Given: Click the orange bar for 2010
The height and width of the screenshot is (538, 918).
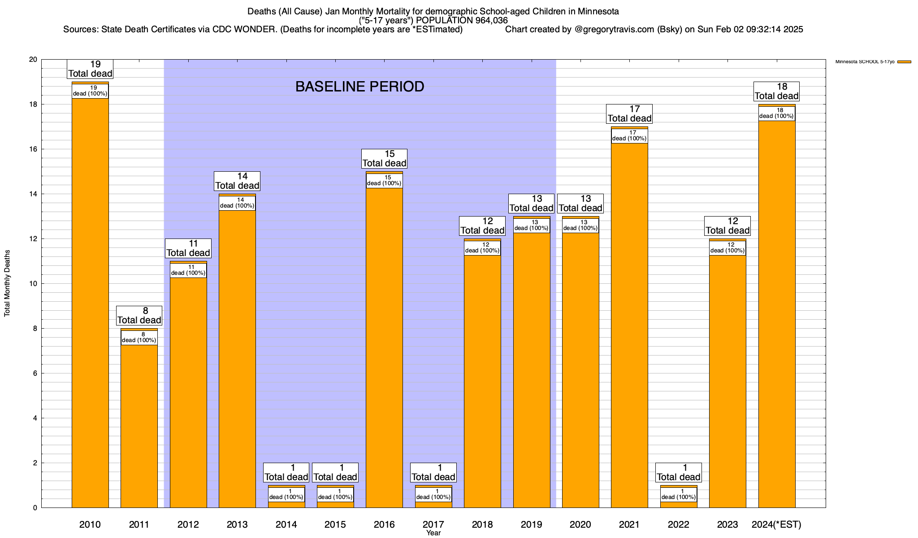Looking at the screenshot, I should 90,305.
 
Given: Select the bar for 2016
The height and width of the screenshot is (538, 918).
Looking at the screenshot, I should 384,350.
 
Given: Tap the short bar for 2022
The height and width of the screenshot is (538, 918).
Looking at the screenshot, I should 678,504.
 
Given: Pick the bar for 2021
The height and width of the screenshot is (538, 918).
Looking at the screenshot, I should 629,327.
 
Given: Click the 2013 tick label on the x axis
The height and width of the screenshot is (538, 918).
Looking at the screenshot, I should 237,525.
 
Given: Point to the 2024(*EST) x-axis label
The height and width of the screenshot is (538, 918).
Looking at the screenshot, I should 776,525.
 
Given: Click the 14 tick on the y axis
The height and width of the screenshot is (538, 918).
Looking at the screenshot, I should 33,194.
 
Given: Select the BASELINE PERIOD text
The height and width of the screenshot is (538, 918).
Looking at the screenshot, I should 359,87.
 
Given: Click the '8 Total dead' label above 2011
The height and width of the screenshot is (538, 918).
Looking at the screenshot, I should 139,316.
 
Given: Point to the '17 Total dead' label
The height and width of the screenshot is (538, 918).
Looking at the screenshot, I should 629,114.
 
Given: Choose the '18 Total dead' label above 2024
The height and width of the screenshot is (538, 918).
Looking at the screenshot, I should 776,91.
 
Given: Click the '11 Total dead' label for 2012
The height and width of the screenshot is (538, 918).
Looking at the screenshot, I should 188,248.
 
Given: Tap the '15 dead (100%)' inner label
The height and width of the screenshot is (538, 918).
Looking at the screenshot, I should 384,181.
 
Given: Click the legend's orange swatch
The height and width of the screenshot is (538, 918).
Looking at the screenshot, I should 904,62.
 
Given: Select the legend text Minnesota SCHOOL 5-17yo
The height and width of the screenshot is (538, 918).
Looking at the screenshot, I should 865,62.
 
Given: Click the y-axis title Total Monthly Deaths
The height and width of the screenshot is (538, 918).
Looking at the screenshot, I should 7,283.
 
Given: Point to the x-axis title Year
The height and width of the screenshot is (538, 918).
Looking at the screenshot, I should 433,533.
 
